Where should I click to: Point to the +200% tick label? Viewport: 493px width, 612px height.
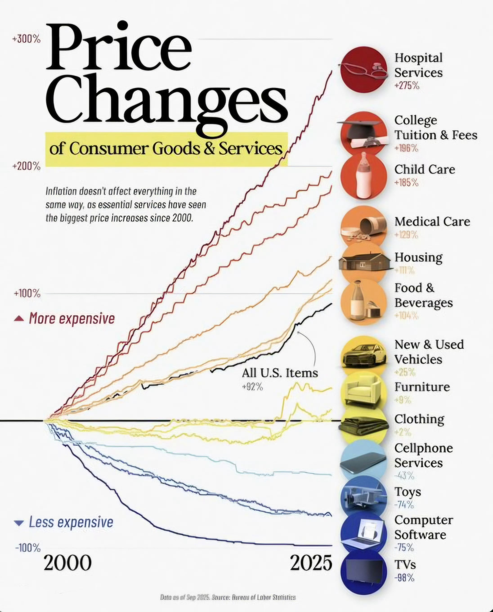[x=26, y=166]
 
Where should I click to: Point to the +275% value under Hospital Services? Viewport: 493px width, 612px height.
[x=407, y=85]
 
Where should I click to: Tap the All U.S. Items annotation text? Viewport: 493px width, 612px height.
[x=280, y=373]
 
